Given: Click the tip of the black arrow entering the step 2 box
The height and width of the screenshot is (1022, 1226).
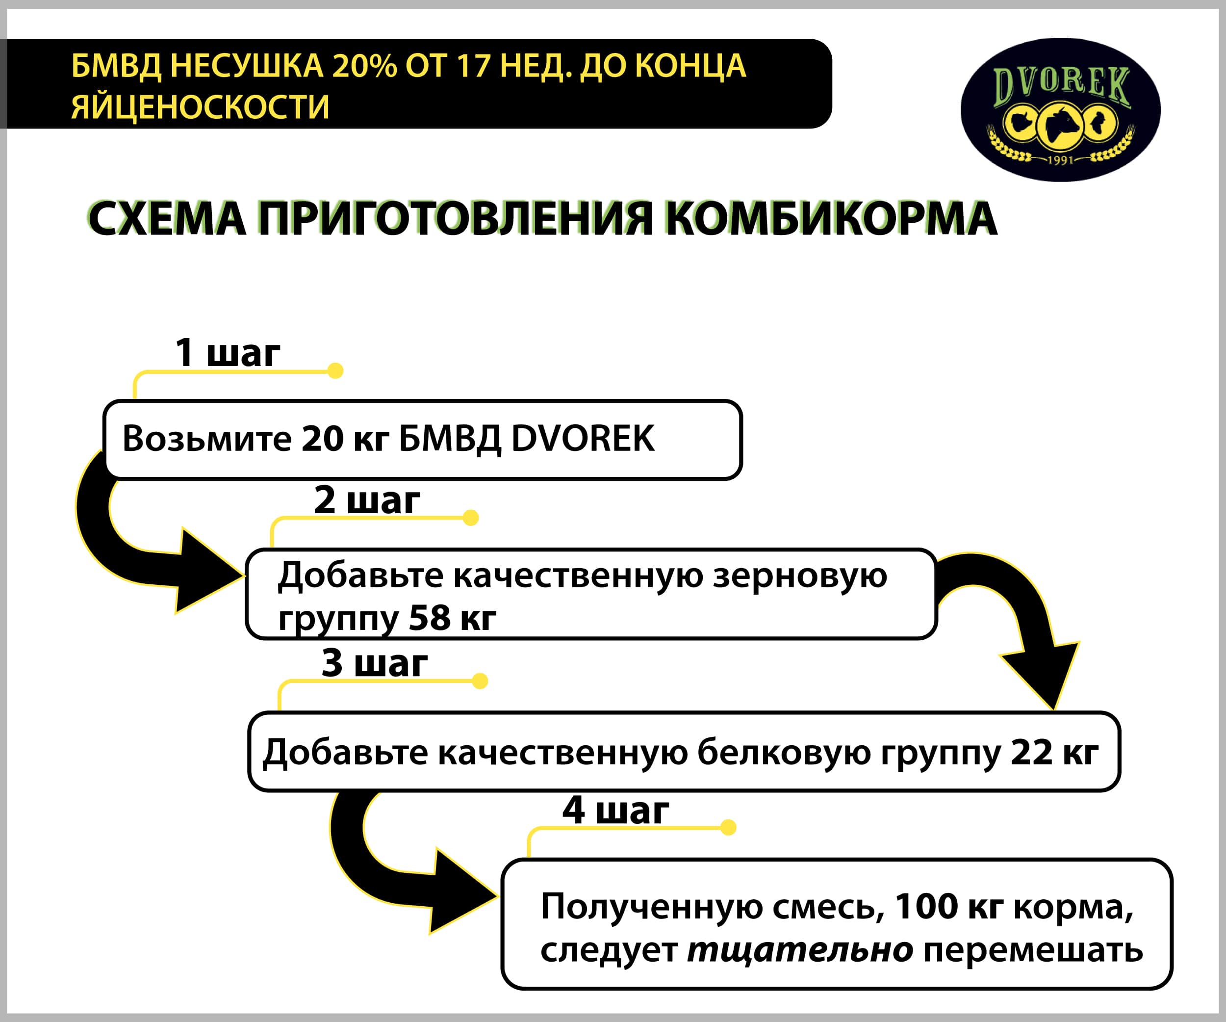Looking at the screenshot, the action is [x=244, y=575].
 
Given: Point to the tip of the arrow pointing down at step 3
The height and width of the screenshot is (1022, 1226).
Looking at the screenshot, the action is [x=1054, y=709].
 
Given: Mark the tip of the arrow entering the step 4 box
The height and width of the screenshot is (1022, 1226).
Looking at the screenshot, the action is [x=497, y=896].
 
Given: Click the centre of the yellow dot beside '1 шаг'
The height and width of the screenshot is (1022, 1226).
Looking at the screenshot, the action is [x=335, y=370].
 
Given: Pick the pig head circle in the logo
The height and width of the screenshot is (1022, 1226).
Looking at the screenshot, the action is [x=1022, y=123].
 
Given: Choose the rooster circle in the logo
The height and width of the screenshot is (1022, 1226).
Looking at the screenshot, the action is [x=1099, y=123].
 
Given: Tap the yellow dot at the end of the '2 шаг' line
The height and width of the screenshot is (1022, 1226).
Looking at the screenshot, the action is [x=471, y=518].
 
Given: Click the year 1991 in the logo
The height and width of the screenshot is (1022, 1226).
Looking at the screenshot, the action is [x=1061, y=160].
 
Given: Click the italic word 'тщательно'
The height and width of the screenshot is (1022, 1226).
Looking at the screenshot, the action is [x=800, y=950].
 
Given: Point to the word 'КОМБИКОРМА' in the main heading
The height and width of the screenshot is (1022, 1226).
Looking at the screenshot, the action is [x=831, y=219].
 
